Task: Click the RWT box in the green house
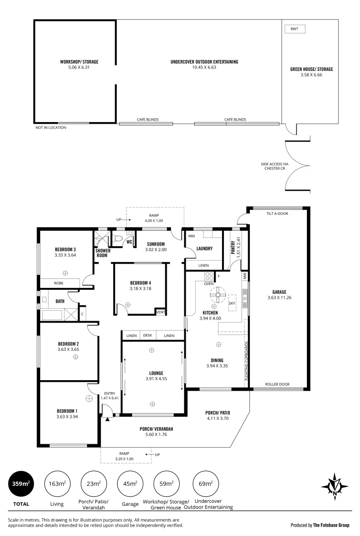click(x=294, y=29)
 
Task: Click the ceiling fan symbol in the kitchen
click(x=217, y=294)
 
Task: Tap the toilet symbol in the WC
click(x=119, y=238)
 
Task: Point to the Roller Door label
click(x=277, y=384)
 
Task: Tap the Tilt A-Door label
click(x=277, y=213)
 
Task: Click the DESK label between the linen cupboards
click(x=147, y=336)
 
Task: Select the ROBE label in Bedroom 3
click(x=59, y=282)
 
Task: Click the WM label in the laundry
click(x=191, y=236)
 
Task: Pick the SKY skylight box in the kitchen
click(x=232, y=303)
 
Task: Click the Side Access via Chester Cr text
click(x=274, y=166)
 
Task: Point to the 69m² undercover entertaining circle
click(x=205, y=484)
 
